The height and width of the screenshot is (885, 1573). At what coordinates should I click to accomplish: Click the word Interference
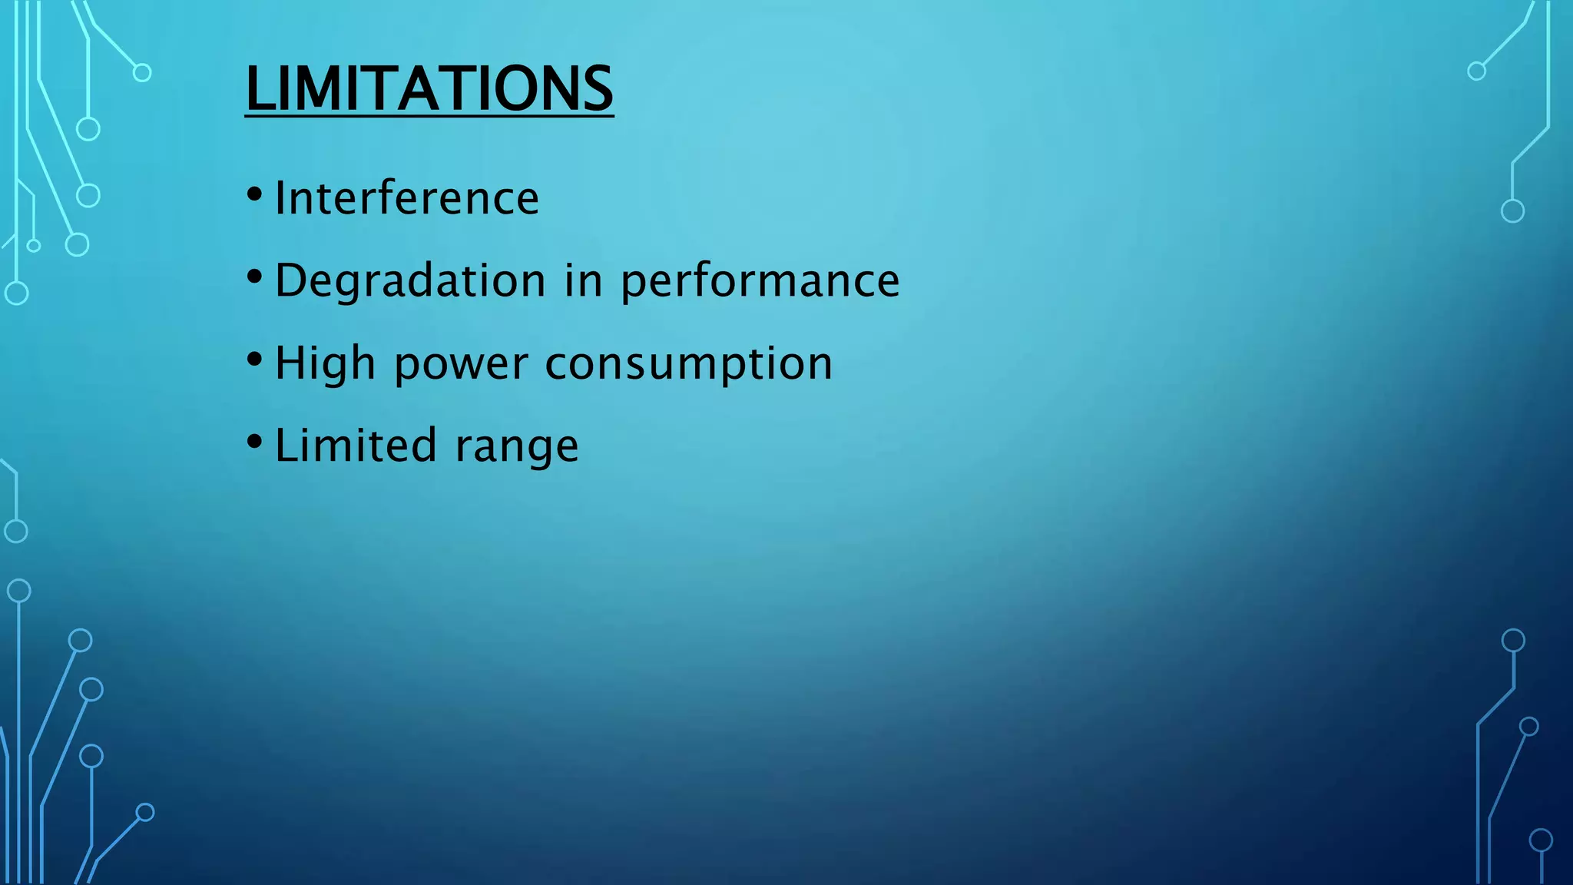tap(406, 198)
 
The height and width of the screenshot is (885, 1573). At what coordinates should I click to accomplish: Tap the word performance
tap(760, 282)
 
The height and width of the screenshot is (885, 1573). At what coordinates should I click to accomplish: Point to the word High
tap(325, 363)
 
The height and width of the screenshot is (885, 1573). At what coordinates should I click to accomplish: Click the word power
tap(461, 365)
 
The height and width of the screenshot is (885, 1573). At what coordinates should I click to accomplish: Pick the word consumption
tap(688, 365)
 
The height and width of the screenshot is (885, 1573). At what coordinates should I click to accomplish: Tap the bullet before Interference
tap(254, 192)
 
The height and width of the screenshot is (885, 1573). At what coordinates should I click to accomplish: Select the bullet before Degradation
tap(254, 274)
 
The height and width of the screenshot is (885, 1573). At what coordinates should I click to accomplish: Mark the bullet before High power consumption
tap(254, 357)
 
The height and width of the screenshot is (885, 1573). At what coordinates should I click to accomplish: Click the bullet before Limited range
tap(254, 440)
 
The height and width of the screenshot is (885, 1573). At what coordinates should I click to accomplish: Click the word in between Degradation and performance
tap(583, 280)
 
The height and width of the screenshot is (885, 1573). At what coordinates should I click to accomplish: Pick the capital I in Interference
tap(280, 198)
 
